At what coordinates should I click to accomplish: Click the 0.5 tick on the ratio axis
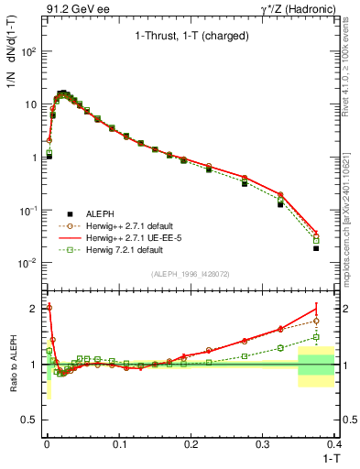[32, 420]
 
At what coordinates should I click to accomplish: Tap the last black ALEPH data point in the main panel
[316, 248]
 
